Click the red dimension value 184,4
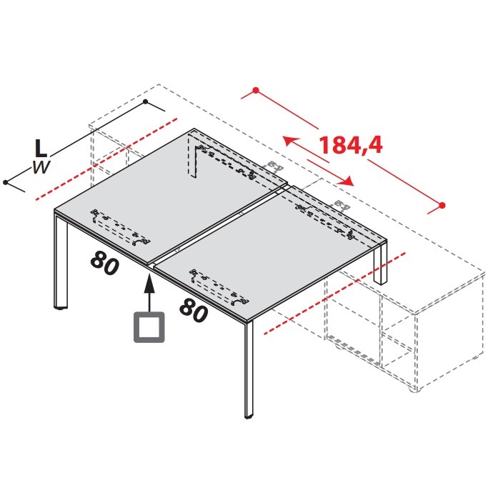coord(351,146)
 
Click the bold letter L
coord(41,149)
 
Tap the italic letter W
coord(41,167)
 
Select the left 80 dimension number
coord(105,263)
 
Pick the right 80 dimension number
coord(194,310)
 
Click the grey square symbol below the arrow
coord(149,327)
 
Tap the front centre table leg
coord(249,370)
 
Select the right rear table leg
coord(380,264)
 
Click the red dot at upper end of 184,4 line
coord(256,91)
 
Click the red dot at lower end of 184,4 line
coord(442,206)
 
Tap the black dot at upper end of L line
coord(145,101)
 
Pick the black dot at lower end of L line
coord(6,182)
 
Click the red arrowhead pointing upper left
coord(289,141)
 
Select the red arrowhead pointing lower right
coord(347,181)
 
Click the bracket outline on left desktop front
coord(121,227)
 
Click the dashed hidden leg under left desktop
coord(191,155)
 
